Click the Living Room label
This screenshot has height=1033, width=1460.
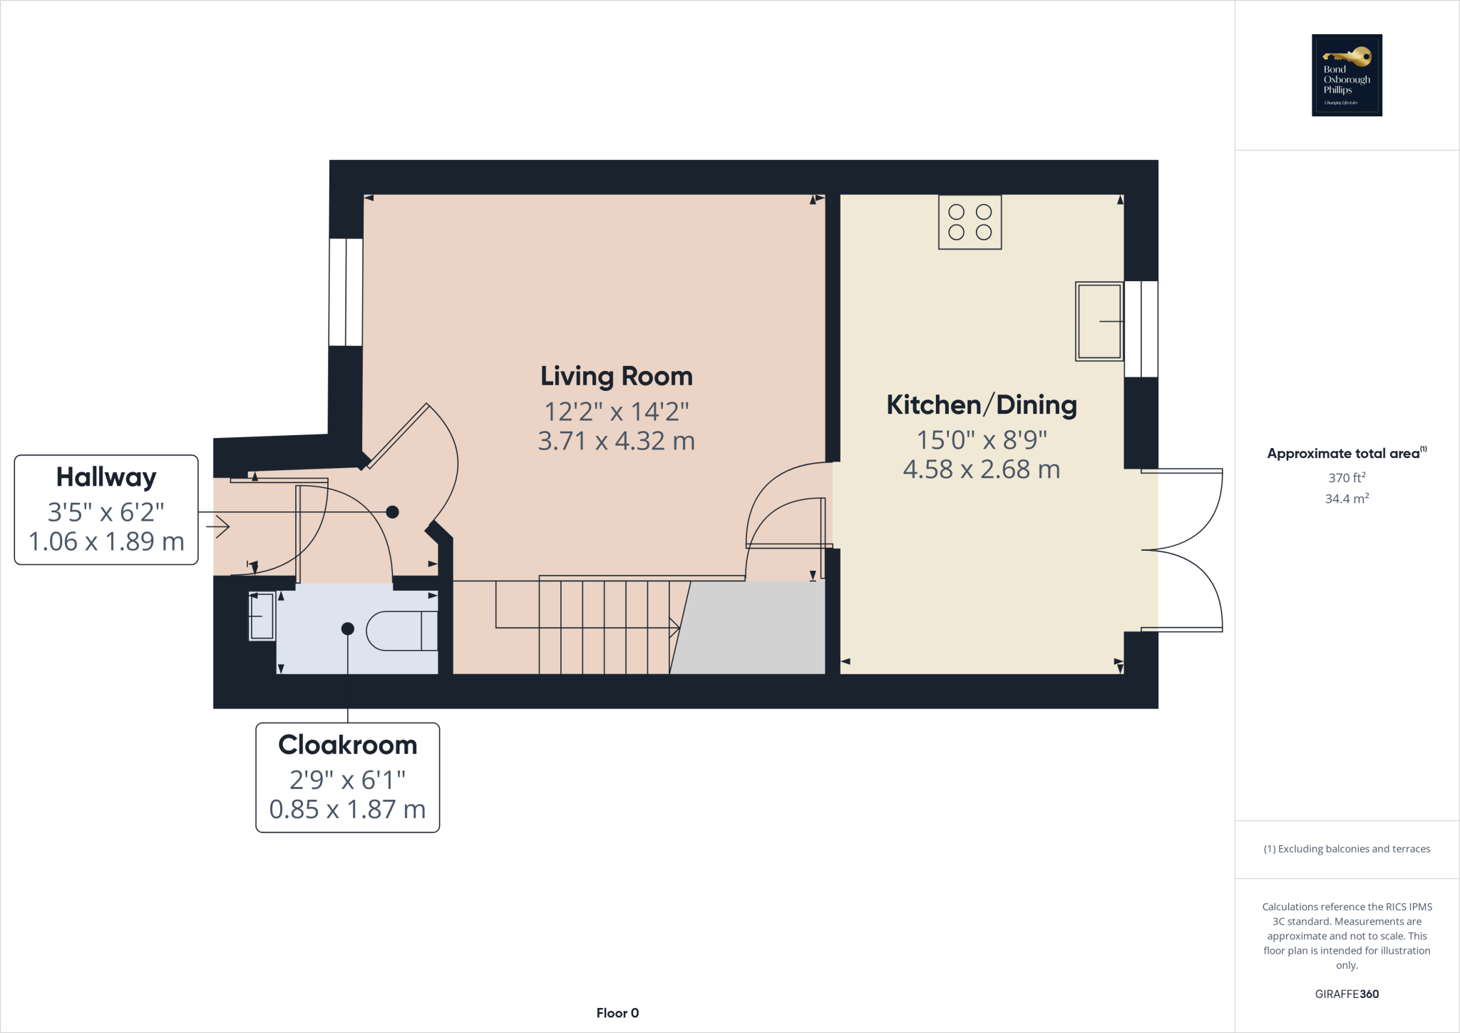[x=616, y=376]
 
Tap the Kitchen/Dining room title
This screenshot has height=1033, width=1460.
[x=981, y=404]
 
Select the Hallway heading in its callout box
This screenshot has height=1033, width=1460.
[x=106, y=477]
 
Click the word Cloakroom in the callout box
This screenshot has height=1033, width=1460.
[x=347, y=745]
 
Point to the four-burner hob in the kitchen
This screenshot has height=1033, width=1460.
[x=970, y=222]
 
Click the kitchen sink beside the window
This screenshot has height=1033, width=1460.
[x=1099, y=321]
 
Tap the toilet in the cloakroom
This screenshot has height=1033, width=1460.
[x=403, y=631]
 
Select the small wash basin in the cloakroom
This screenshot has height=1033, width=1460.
[x=262, y=616]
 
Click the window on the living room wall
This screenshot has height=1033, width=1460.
[x=346, y=292]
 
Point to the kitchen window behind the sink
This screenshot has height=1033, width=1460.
[x=1141, y=329]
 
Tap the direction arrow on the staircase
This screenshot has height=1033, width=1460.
[x=673, y=628]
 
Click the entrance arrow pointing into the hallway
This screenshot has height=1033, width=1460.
[x=218, y=527]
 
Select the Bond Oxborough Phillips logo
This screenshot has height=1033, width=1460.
[x=1347, y=75]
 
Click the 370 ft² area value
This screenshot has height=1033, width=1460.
[x=1347, y=477]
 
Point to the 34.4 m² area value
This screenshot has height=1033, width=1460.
[x=1347, y=499]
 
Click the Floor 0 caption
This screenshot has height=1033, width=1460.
[x=617, y=1013]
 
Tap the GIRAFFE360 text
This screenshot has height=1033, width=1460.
[x=1347, y=994]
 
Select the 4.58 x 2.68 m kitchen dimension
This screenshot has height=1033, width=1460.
[x=981, y=469]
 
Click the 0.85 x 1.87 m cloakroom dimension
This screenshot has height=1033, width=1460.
[x=347, y=810]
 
